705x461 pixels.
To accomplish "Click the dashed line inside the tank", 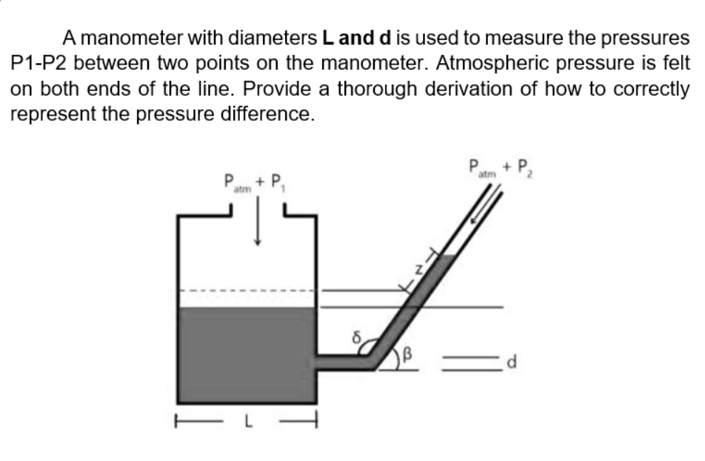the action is (248, 290).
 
